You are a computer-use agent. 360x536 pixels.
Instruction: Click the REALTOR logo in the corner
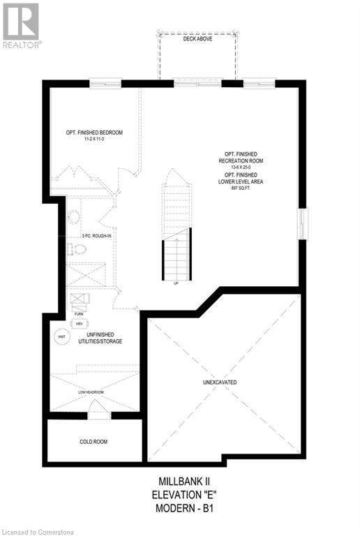pyautogui.click(x=22, y=25)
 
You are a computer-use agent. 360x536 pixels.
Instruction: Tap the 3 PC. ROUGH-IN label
pyautogui.click(x=97, y=236)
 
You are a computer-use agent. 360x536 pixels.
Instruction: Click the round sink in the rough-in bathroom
pyautogui.click(x=74, y=217)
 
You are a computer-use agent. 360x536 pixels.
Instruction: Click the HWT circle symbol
pyautogui.click(x=60, y=336)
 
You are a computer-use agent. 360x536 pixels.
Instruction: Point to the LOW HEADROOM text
pyautogui.click(x=91, y=392)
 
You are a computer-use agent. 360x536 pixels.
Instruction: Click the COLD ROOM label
pyautogui.click(x=93, y=441)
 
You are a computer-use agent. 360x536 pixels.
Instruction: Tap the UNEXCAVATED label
pyautogui.click(x=225, y=382)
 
